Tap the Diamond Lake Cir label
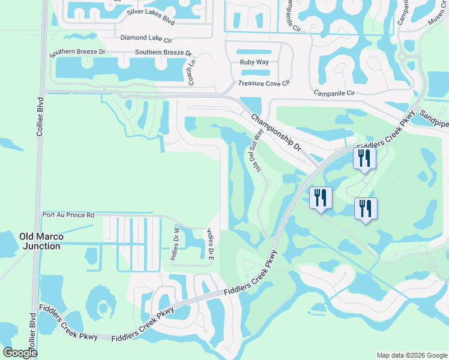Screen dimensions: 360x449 pyautogui.click(x=146, y=38)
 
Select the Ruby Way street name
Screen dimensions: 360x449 pyautogui.click(x=254, y=62)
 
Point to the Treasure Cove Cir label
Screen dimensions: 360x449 pyautogui.click(x=264, y=83)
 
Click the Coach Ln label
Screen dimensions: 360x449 pyautogui.click(x=192, y=71)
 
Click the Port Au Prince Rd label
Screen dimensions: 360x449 pyautogui.click(x=68, y=214)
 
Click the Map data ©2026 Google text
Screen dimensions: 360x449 pyautogui.click(x=412, y=355)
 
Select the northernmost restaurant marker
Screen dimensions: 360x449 pyautogui.click(x=364, y=158)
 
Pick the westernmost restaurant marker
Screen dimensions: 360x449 pyautogui.click(x=321, y=197)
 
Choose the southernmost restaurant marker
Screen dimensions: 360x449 pyautogui.click(x=366, y=209)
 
